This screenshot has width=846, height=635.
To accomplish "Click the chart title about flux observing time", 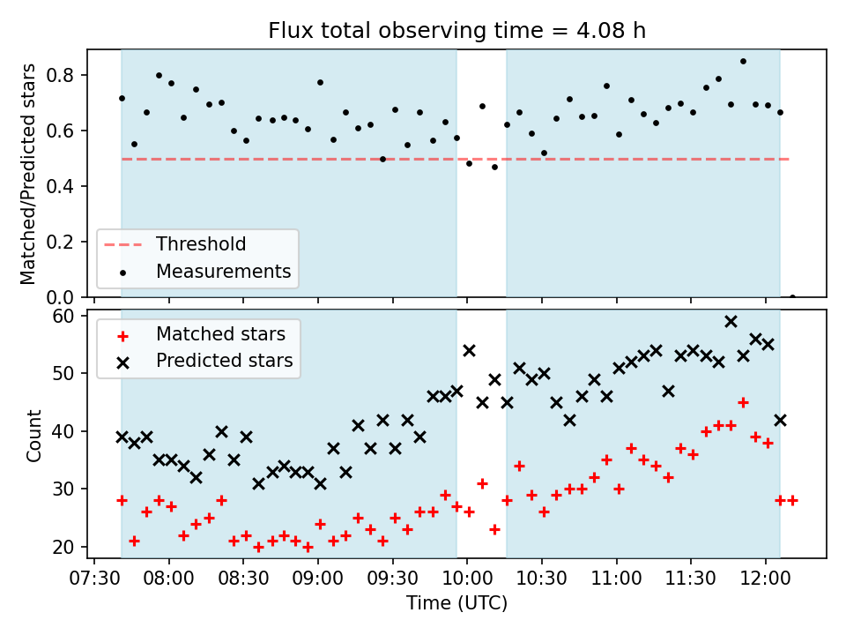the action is [457, 30].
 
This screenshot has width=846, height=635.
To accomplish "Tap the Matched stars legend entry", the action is [202, 334].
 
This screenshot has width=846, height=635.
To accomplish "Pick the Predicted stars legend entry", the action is [205, 361].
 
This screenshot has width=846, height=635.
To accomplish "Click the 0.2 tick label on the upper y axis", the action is [61, 242].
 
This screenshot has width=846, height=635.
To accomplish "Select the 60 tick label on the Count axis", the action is [63, 316].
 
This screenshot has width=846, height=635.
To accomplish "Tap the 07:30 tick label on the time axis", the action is [94, 579].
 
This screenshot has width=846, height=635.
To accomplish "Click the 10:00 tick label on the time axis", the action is [467, 579].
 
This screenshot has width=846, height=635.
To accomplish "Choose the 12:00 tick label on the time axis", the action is [765, 579].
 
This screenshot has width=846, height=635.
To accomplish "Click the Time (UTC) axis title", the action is [457, 602].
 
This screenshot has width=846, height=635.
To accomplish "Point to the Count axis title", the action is [33, 436].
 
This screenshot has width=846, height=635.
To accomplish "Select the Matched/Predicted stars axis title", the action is [28, 174].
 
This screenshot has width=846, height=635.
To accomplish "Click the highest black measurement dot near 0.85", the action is [743, 62].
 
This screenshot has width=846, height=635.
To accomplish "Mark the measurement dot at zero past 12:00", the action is [792, 297].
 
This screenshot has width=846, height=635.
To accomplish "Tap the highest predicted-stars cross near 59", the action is [731, 322].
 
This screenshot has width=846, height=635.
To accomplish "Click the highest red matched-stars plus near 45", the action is [743, 403].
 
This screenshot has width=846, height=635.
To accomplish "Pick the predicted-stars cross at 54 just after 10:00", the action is [470, 351].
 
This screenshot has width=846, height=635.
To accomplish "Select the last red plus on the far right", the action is [792, 501].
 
